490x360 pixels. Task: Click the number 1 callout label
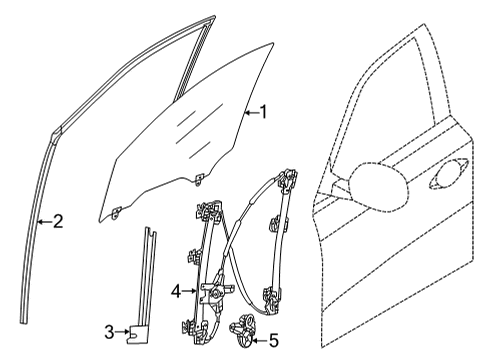coord(264,113)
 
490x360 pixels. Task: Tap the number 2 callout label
coord(57,221)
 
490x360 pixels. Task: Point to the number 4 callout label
coord(176,293)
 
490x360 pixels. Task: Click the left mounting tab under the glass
coord(118,209)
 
